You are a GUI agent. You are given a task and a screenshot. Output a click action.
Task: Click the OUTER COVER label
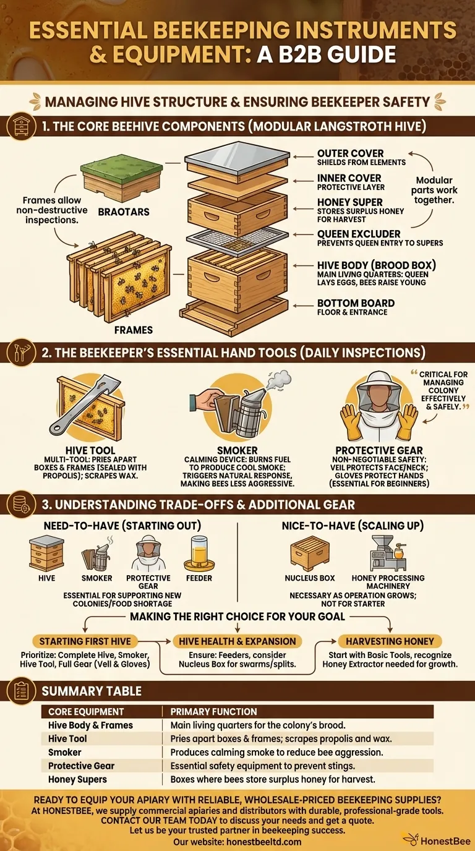pos(350,153)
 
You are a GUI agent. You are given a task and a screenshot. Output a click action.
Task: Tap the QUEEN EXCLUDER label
pos(358,234)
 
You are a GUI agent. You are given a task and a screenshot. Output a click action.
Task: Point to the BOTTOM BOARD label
pos(356,304)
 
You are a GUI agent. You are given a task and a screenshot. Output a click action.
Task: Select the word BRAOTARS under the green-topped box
pos(124,211)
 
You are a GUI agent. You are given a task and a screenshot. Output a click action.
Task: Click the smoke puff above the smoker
pos(281,378)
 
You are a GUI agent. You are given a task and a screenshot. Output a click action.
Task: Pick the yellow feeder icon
pos(199,552)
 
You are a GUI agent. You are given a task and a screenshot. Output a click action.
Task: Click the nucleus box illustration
pos(310,552)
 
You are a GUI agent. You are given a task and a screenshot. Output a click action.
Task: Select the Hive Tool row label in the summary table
pos(67,738)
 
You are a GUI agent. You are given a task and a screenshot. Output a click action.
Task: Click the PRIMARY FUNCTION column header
pos(213,711)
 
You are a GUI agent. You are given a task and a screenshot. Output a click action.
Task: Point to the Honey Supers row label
pos(77,779)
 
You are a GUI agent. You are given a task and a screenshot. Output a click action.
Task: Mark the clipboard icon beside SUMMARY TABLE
pos(21,690)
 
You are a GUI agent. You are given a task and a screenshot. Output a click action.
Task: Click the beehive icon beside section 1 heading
pos(22,126)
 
